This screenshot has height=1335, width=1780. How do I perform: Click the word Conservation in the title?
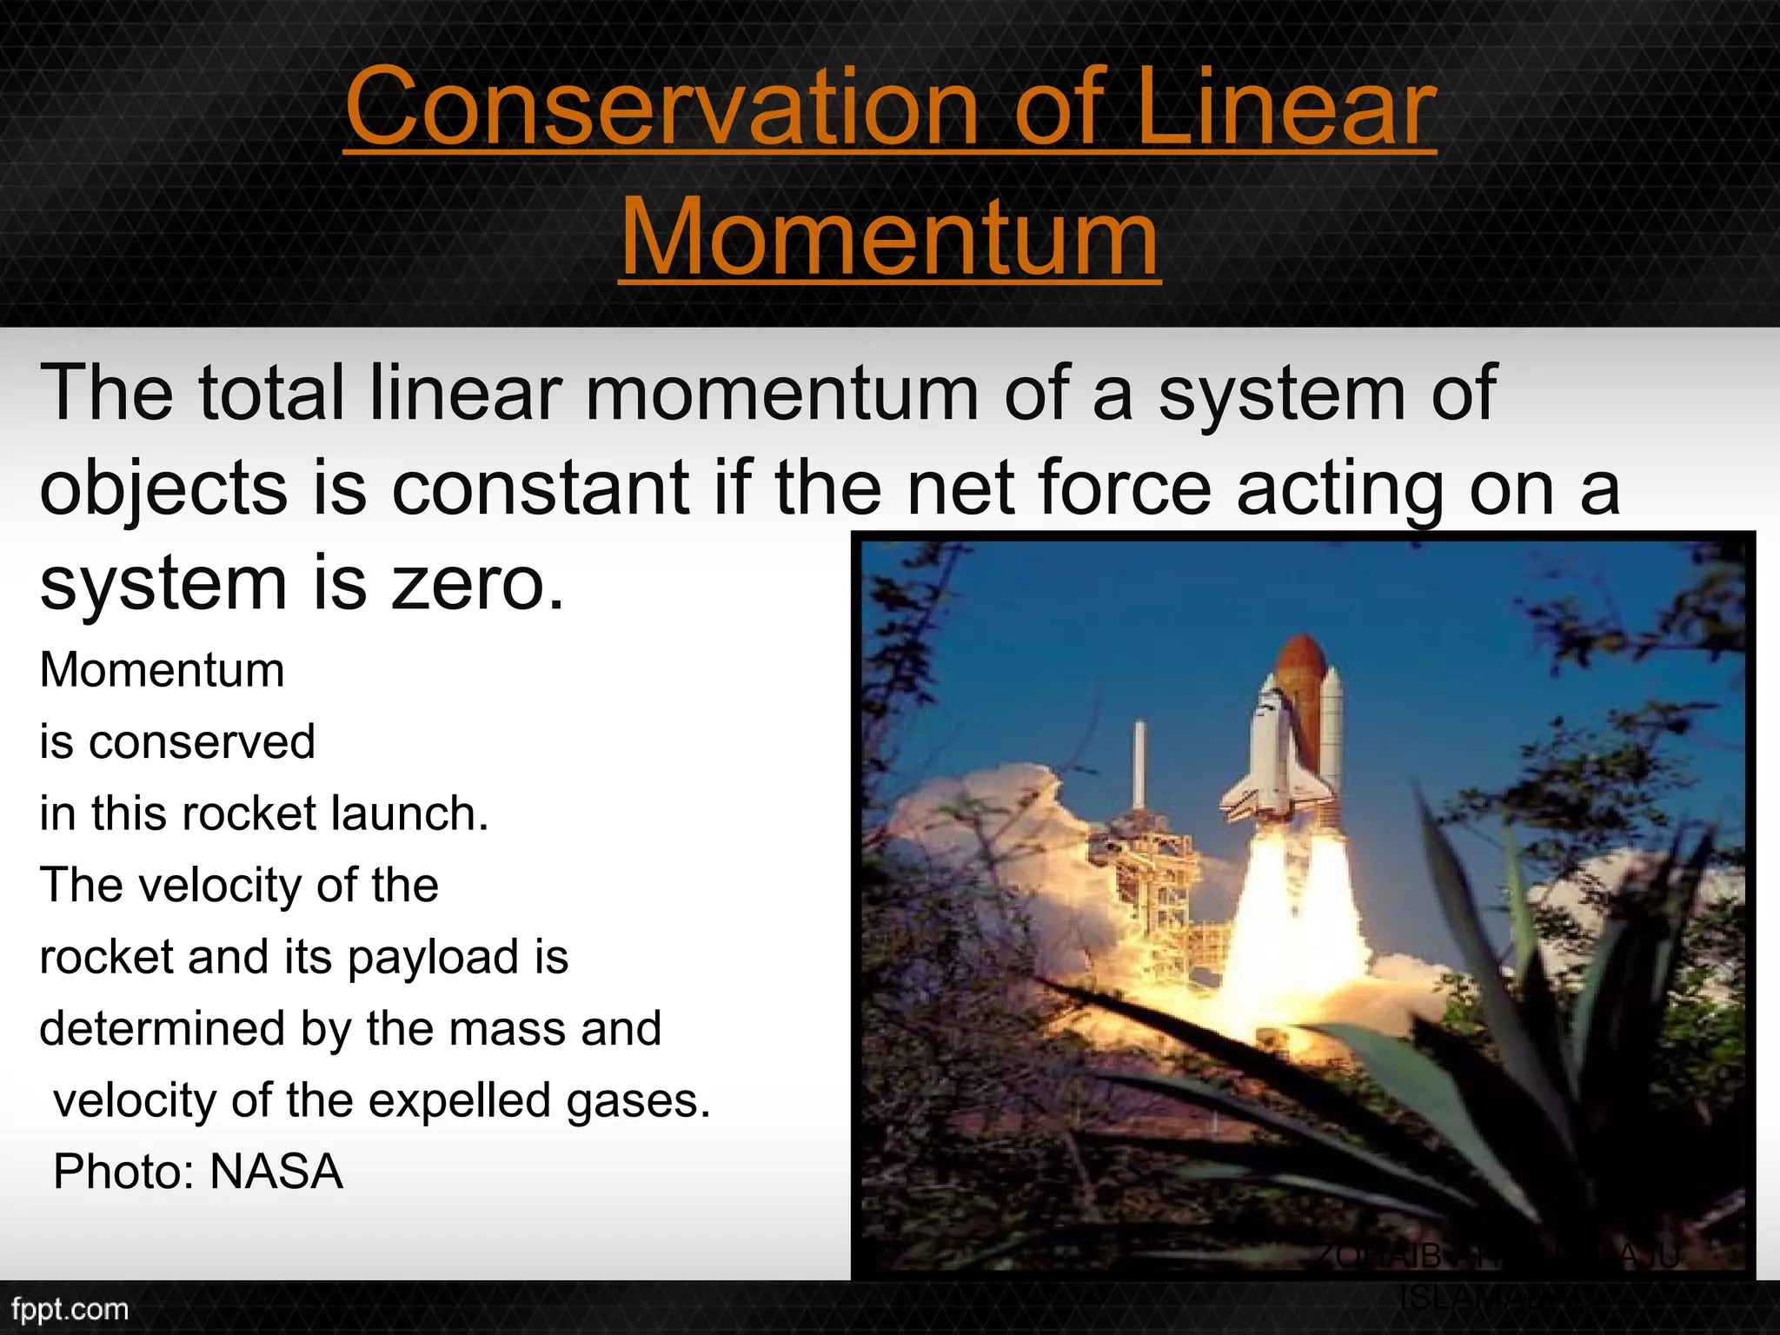coord(662,108)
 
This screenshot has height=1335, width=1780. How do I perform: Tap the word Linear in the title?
coord(1286,108)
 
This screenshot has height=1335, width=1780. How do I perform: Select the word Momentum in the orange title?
coord(889,236)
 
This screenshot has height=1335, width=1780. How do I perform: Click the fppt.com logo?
coord(70,1309)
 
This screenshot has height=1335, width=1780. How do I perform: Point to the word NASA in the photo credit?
coord(276,1172)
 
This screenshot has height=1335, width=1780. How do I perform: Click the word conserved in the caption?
coord(202,742)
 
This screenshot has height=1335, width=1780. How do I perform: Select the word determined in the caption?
coord(163,1029)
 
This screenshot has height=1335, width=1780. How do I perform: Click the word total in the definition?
coord(272,393)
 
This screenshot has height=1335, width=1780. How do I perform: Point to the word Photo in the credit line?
coord(119,1172)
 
